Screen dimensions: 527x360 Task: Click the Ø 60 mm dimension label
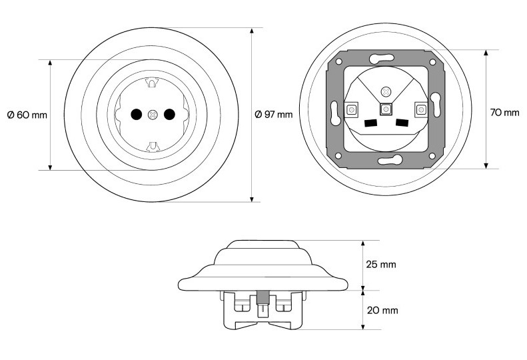coord(27,115)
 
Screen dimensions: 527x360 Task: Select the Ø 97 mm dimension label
coord(274,115)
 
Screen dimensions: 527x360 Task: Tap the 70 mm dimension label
coord(504,113)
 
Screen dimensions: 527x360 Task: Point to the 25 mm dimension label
coord(381,264)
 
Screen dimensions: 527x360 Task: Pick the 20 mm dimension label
coord(382,310)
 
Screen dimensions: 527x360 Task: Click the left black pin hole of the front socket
coord(136,115)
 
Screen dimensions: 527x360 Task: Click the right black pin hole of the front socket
coord(169,115)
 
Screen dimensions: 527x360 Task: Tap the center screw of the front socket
coord(153,115)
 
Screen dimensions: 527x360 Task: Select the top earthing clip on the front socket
coord(151,83)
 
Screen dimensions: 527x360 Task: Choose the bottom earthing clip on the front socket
coord(152,147)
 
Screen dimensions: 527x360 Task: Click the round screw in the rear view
coord(386,91)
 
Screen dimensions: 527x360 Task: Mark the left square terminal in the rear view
coord(351,110)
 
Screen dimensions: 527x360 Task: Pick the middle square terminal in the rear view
coord(386,109)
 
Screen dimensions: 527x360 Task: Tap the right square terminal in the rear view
coord(421,110)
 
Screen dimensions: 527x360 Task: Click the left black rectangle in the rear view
coord(371,123)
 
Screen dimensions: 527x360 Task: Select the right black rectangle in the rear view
coord(402,123)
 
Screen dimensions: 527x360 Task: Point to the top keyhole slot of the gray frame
coord(382,59)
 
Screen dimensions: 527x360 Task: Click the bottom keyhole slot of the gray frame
coord(390,160)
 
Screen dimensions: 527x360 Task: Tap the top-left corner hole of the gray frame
coord(338,61)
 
